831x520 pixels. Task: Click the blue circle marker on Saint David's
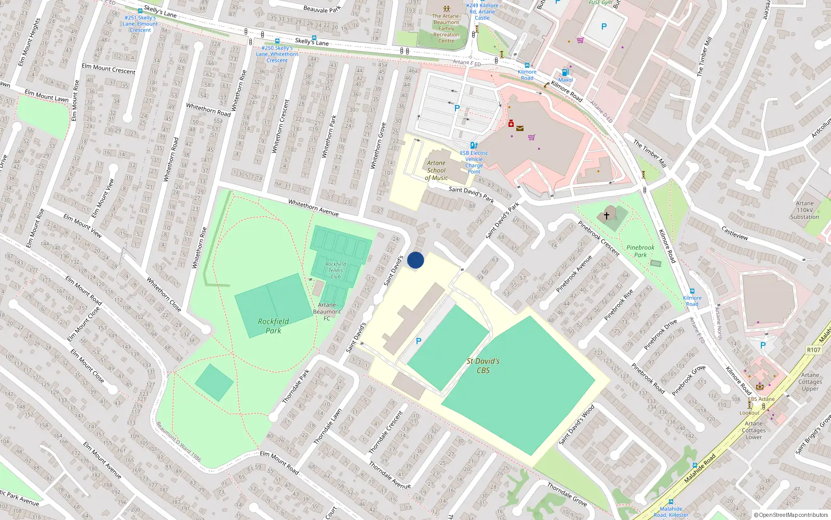click(x=415, y=260)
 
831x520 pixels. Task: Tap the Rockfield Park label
click(x=273, y=326)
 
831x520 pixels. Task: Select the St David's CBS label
click(x=483, y=366)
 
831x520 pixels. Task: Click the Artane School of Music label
click(x=436, y=170)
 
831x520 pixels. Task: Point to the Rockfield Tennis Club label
click(x=336, y=270)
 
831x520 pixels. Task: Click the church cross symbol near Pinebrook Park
click(x=606, y=215)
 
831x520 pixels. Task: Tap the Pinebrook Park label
click(x=640, y=251)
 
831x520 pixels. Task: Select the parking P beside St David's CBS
click(x=419, y=341)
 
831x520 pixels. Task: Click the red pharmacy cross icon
click(x=511, y=124)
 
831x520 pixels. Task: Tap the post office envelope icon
click(x=520, y=128)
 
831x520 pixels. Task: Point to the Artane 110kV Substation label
click(x=805, y=210)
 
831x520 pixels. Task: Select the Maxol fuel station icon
click(x=565, y=73)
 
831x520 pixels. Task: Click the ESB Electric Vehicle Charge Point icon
click(x=473, y=146)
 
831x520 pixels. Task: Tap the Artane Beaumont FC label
click(x=327, y=311)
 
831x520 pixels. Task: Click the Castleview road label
click(x=734, y=232)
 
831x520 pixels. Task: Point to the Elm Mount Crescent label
click(x=108, y=69)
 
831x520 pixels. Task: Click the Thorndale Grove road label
click(x=567, y=494)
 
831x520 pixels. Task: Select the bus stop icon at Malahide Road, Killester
click(x=671, y=502)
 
